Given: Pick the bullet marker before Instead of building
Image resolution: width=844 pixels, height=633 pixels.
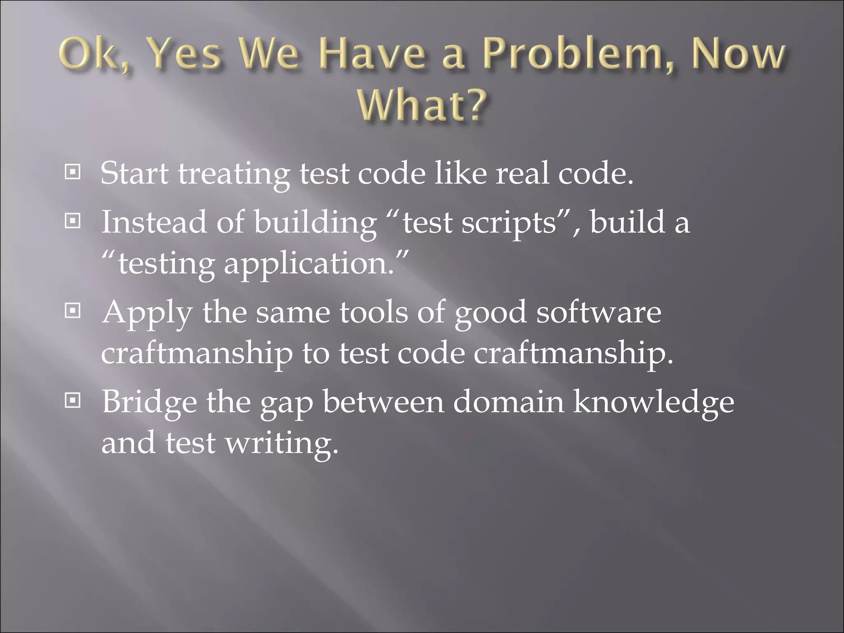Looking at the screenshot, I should click(73, 221).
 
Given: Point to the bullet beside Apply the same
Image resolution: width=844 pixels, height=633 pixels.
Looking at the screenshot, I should click(73, 311).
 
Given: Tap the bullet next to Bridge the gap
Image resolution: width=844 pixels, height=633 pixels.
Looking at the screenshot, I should click(73, 400).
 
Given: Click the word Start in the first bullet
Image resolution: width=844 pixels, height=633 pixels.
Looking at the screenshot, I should click(134, 173).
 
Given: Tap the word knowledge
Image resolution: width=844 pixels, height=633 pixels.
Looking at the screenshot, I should click(654, 402).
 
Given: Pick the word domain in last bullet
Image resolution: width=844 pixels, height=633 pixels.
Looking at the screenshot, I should click(509, 401).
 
